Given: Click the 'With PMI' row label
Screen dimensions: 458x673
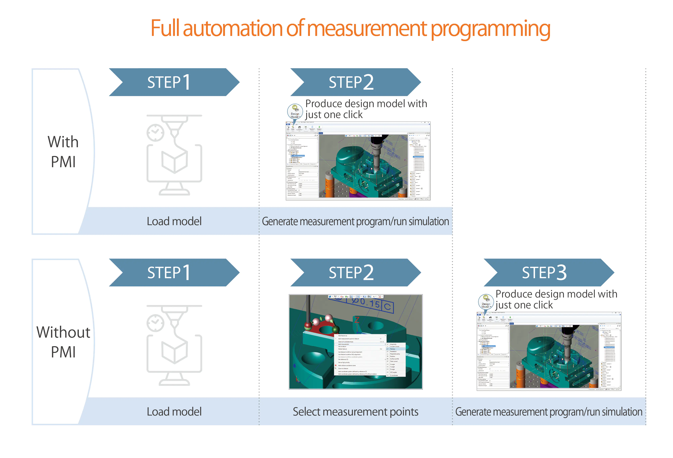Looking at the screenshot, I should pyautogui.click(x=63, y=151).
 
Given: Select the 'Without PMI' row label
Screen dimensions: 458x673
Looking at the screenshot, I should pyautogui.click(x=63, y=342).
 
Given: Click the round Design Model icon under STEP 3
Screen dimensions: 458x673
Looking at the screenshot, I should pyautogui.click(x=486, y=302).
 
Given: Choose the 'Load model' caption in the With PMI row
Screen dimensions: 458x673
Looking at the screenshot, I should pyautogui.click(x=174, y=221).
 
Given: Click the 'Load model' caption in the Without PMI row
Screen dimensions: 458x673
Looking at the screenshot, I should pyautogui.click(x=174, y=412).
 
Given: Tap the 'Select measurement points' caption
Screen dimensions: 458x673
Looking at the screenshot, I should pyautogui.click(x=355, y=412).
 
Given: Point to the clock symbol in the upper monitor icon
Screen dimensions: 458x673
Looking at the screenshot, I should pyautogui.click(x=155, y=133).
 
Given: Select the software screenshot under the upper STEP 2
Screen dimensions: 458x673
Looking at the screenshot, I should pyautogui.click(x=358, y=161).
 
